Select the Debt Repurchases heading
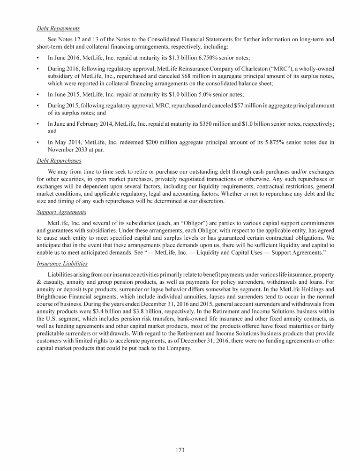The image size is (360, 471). tap(59, 160)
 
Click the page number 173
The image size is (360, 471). tap(180, 450)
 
